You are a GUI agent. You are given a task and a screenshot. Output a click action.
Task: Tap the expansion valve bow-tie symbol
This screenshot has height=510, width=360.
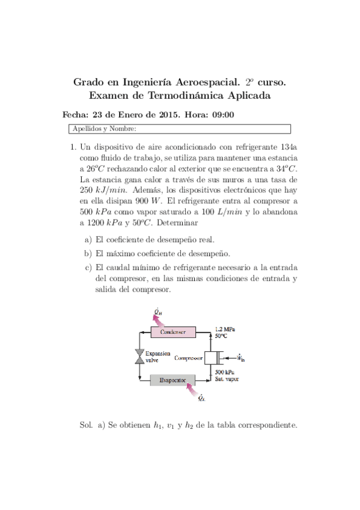coord(139,356)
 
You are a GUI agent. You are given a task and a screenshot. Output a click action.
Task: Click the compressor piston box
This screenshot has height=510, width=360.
coord(210,357)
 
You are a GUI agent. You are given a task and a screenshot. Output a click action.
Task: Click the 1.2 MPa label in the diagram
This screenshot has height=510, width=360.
coord(225,329)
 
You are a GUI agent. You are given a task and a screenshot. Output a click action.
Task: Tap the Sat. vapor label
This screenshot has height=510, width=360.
coord(227,381)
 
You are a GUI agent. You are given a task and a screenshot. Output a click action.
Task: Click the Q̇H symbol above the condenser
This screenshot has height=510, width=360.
coord(157,311)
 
